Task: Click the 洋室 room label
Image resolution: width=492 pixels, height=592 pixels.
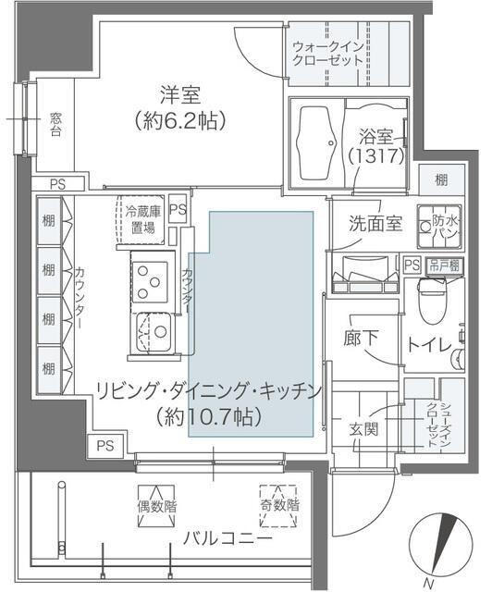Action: [180, 95]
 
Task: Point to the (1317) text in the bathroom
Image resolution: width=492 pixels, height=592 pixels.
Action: [376, 156]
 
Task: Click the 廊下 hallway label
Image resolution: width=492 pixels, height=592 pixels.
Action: [360, 339]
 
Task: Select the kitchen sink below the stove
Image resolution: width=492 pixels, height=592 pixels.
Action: [153, 329]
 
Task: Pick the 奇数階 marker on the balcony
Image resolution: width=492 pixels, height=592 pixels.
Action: [279, 505]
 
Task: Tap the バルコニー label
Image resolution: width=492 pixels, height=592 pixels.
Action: [227, 538]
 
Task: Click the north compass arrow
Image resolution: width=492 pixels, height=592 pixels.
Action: [443, 547]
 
